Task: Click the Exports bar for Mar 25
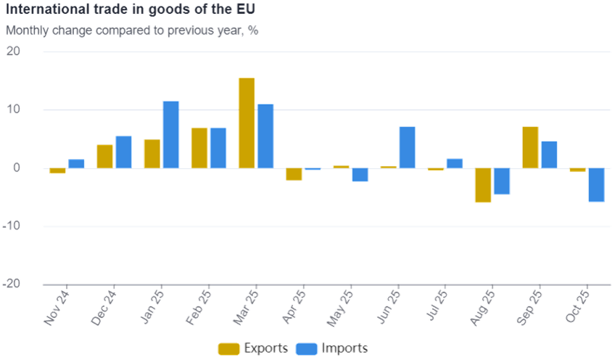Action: [x=247, y=123]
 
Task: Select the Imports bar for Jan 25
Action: [x=170, y=134]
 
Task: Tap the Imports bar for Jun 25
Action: [x=407, y=147]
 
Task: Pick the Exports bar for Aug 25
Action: [x=483, y=185]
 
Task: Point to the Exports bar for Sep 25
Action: [x=530, y=147]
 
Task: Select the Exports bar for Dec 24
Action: [x=104, y=156]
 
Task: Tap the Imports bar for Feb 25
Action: [x=218, y=147]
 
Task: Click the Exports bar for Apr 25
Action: [x=294, y=174]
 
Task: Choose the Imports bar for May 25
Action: [x=360, y=174]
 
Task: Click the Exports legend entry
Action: [x=253, y=348]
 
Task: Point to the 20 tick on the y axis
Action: [x=15, y=52]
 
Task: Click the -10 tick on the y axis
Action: [x=12, y=226]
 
